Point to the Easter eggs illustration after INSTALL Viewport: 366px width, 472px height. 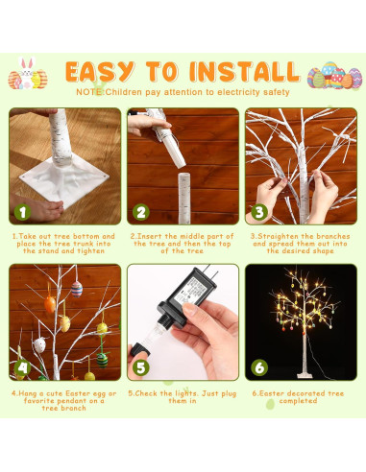click(335, 75)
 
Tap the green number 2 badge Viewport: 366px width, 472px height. click(141, 212)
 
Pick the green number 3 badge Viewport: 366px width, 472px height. click(259, 212)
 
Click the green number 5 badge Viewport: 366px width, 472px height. click(141, 366)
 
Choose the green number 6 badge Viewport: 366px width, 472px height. click(259, 366)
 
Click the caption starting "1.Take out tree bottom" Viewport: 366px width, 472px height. click(64, 244)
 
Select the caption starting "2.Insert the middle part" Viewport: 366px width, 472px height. click(183, 244)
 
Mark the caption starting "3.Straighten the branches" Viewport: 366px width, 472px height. click(301, 244)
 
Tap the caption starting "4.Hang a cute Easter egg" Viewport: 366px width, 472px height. click(64, 399)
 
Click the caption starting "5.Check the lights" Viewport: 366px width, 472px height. click(183, 395)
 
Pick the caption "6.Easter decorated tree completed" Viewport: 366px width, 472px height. click(301, 395)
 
